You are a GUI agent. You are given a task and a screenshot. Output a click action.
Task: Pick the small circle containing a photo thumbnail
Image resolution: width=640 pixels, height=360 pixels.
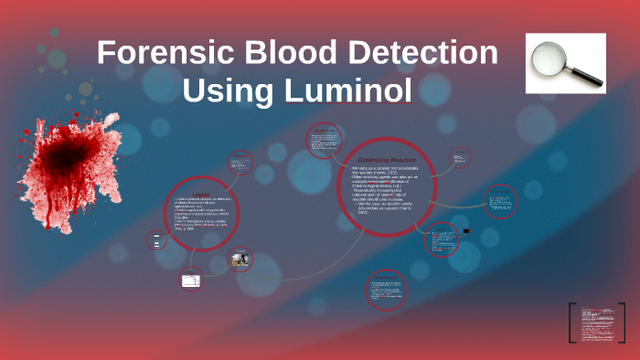point(241,261)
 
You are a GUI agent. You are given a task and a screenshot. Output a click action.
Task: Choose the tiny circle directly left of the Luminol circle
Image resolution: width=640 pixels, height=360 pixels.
point(156,241)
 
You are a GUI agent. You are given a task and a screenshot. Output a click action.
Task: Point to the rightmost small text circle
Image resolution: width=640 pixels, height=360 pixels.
point(499,201)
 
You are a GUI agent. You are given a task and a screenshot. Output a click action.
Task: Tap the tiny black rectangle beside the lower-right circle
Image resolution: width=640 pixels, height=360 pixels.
point(466,231)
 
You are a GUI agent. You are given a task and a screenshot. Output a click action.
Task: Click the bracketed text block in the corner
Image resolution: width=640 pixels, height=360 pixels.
point(598,325)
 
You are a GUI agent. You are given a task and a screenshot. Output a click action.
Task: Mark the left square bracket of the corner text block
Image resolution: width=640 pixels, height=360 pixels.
point(571,325)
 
